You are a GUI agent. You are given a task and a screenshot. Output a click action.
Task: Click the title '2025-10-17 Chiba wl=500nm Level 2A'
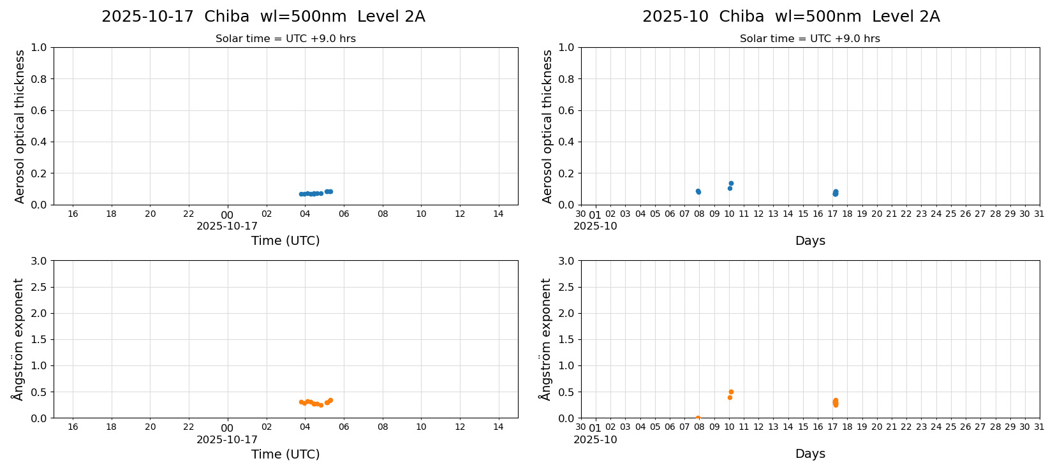pyautogui.click(x=263, y=17)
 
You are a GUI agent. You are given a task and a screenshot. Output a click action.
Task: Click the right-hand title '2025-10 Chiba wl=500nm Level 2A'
pyautogui.click(x=791, y=17)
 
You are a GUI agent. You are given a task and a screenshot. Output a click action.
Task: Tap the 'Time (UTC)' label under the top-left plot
pyautogui.click(x=285, y=241)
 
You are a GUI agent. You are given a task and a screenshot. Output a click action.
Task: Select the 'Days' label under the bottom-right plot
pyautogui.click(x=810, y=454)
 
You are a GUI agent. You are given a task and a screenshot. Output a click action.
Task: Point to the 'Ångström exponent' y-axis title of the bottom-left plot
pyautogui.click(x=18, y=339)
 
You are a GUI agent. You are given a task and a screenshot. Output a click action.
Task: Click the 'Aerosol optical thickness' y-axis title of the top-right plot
pyautogui.click(x=547, y=126)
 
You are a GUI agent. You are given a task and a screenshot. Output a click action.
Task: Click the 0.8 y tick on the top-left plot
pyautogui.click(x=39, y=79)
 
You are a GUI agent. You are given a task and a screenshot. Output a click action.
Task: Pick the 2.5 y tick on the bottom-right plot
pyautogui.click(x=566, y=287)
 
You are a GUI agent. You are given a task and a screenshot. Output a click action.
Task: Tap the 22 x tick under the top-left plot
pyautogui.click(x=189, y=214)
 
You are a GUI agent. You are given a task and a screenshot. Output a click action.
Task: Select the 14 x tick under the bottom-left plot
pyautogui.click(x=498, y=427)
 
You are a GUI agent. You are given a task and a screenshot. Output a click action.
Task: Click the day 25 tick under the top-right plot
pyautogui.click(x=950, y=214)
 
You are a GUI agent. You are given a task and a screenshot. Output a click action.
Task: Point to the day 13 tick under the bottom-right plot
pyautogui.click(x=773, y=427)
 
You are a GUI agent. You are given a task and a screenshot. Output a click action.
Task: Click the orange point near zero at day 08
pyautogui.click(x=698, y=418)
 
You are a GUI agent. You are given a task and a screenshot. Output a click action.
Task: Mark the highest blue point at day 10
pyautogui.click(x=731, y=183)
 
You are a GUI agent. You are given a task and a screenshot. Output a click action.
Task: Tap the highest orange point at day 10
pyautogui.click(x=731, y=392)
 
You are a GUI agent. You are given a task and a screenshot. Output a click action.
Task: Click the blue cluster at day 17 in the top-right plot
pyautogui.click(x=836, y=193)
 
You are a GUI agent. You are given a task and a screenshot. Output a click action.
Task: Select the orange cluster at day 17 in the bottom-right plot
pyautogui.click(x=836, y=402)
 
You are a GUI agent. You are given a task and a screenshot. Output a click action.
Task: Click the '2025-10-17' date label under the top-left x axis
pyautogui.click(x=227, y=226)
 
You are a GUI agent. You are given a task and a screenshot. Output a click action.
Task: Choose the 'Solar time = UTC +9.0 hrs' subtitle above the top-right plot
pyautogui.click(x=810, y=39)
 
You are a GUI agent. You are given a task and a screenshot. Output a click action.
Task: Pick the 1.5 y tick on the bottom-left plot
pyautogui.click(x=39, y=339)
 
